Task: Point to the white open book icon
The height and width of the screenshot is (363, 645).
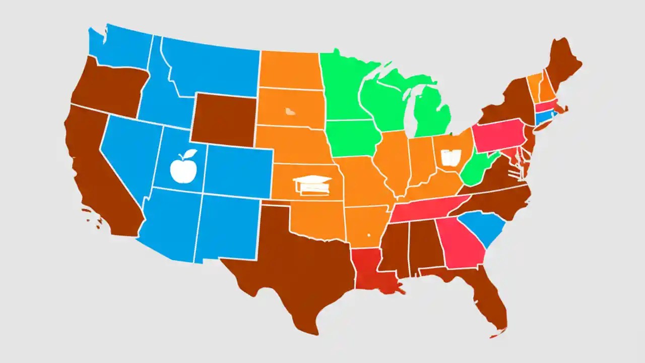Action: click(450, 158)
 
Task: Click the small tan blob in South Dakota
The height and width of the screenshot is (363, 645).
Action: click(290, 111)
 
